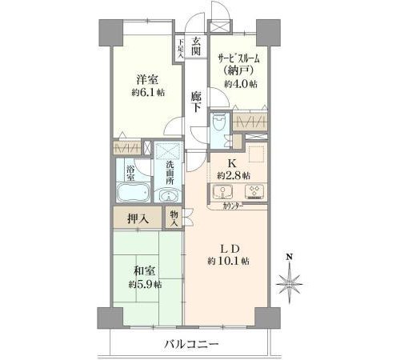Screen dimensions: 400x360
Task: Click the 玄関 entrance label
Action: pos(196,46)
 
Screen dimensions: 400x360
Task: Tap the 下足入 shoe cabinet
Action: pos(181,49)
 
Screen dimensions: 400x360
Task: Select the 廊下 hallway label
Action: pos(196,102)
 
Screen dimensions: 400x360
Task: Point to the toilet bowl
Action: pos(219,122)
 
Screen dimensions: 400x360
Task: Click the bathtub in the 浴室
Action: pos(133,191)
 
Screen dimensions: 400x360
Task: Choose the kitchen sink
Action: pos(222,191)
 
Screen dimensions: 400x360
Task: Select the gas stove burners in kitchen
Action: pos(254,191)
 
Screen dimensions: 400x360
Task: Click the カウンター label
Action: pos(233,206)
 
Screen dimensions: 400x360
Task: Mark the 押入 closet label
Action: pos(138,219)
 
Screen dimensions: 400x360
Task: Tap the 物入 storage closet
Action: pos(174,218)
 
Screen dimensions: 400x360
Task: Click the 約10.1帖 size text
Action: pos(229,261)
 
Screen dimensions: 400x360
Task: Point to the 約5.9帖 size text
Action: pos(145,285)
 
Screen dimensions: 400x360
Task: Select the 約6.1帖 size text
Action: pos(148,92)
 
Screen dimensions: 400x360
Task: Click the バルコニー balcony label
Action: pos(191,344)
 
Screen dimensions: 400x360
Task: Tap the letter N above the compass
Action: pos(290,257)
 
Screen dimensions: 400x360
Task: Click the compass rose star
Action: pos(289,284)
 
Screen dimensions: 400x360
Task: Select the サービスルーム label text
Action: pos(238,58)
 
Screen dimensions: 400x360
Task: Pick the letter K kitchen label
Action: pos(231,162)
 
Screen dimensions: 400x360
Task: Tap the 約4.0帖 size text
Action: pos(241,84)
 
